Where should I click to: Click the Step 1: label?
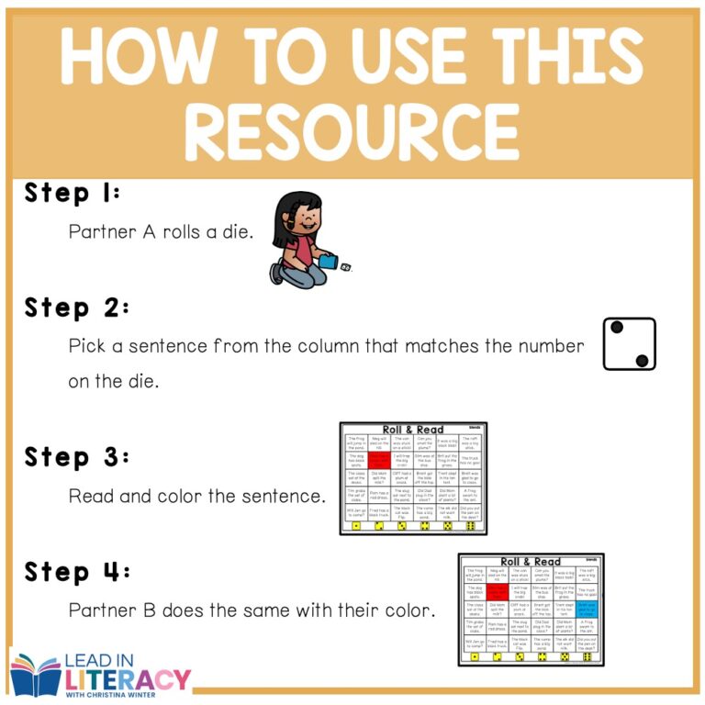[73, 194]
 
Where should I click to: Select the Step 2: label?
[77, 308]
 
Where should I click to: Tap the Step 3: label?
[77, 456]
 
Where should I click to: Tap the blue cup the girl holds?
[327, 263]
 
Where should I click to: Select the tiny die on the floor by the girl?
[346, 269]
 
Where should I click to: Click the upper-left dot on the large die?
[617, 328]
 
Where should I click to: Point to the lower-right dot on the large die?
[642, 360]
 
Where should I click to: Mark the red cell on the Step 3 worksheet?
[379, 458]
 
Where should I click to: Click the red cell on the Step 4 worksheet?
[499, 592]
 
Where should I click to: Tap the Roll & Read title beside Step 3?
[413, 430]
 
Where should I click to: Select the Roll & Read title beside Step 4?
[531, 562]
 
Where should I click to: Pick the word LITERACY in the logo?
[129, 680]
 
